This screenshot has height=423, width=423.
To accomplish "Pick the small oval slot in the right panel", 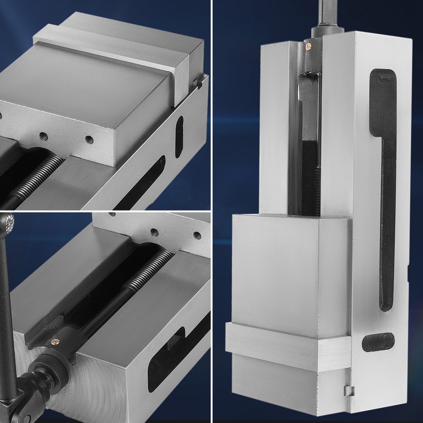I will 378,342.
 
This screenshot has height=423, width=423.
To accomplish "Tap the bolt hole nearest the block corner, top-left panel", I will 89,139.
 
